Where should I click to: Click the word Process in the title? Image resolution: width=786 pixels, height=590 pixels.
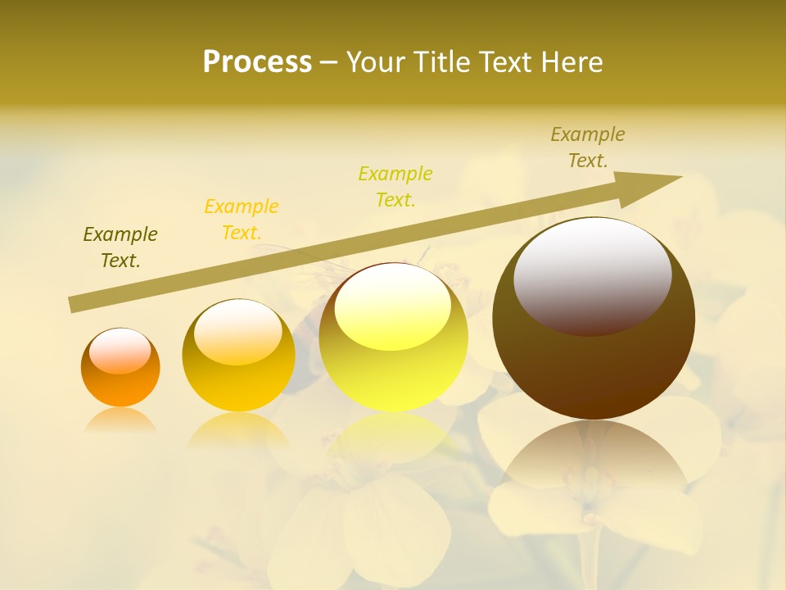point(257,62)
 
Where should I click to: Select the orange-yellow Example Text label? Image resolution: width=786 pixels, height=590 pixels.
point(242,220)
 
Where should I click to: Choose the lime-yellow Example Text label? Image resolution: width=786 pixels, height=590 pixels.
point(395,187)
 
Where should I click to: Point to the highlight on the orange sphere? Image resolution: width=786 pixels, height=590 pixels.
point(120,351)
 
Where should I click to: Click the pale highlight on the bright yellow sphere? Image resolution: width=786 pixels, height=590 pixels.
point(392,306)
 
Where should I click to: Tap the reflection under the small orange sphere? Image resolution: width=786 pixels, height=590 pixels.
point(120,420)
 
